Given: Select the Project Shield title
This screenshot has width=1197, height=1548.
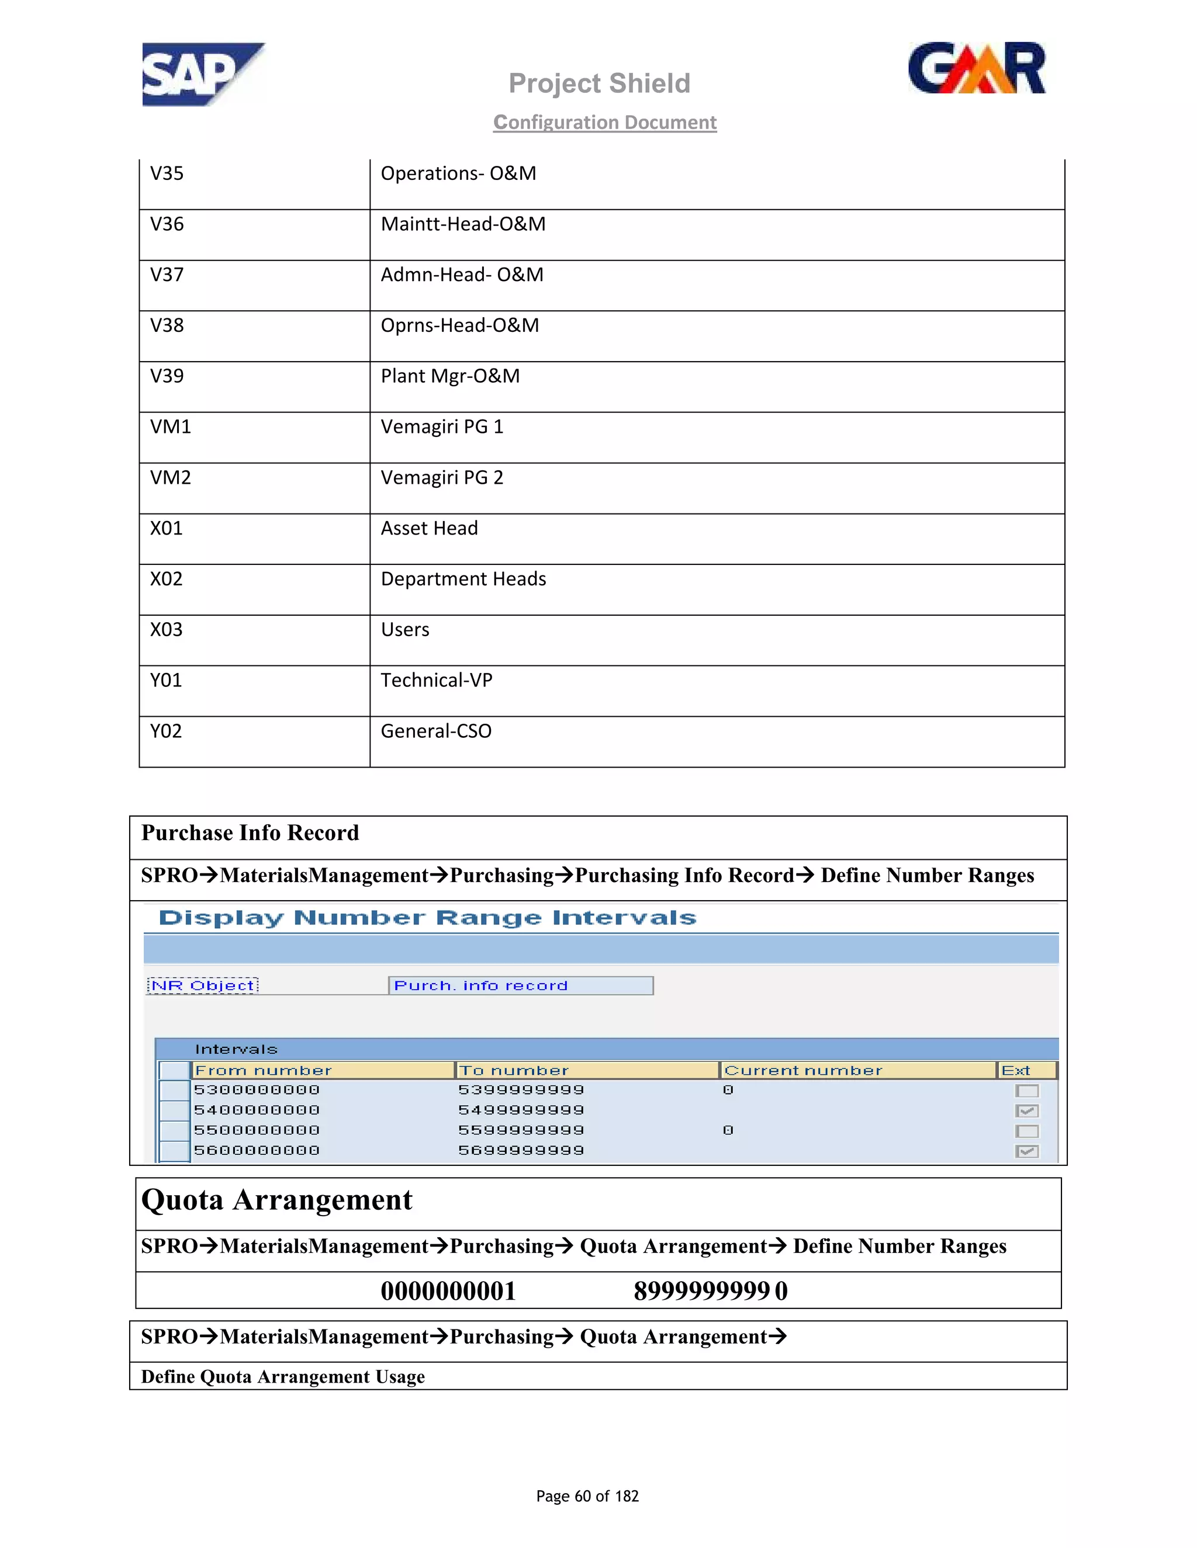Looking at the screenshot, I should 599,84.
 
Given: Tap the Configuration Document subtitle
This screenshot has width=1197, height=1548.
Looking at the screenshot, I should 605,123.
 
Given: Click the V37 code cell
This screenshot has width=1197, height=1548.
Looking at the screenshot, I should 167,275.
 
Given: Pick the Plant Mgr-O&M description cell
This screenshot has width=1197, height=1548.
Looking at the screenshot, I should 450,376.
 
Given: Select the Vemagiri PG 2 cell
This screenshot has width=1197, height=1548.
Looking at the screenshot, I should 442,478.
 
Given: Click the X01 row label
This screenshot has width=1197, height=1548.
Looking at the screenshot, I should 167,529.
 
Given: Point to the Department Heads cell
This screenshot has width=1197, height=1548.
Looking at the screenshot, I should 463,579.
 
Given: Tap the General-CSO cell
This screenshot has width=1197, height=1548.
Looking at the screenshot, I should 436,731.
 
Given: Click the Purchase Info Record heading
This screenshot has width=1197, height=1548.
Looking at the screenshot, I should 250,833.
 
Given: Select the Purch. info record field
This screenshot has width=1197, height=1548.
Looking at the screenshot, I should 520,986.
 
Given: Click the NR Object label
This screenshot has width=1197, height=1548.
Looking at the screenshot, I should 203,986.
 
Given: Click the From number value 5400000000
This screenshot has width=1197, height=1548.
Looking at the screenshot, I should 257,1110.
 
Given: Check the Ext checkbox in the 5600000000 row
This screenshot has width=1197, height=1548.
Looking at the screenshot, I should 1026,1152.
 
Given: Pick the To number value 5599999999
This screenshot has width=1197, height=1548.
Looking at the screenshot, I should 521,1130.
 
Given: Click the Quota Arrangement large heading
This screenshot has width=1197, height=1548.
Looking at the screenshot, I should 276,1200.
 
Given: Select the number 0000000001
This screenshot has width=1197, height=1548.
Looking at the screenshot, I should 448,1292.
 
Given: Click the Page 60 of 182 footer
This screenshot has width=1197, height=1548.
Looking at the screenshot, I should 587,1496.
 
